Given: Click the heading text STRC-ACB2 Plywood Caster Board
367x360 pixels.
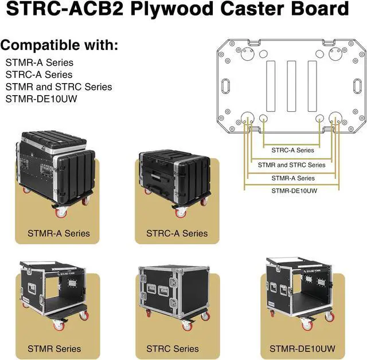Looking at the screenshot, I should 177,10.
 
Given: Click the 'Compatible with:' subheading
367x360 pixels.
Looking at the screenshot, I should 60,45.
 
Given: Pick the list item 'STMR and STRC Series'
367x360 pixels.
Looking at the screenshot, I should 58,87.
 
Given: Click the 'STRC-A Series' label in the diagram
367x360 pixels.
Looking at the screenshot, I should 292,150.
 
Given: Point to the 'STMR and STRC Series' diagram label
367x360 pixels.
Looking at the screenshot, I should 292,165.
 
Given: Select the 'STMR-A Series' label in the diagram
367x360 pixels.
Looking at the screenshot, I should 292,178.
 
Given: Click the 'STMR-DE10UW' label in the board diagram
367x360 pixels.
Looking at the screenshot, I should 292,192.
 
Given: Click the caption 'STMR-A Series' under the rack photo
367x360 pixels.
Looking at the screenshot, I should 58,234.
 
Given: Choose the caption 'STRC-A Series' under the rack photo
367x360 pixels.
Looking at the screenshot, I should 177,234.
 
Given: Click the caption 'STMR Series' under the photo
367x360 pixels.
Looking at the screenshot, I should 54,349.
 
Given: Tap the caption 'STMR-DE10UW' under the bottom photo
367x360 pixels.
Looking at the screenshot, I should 298,349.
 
